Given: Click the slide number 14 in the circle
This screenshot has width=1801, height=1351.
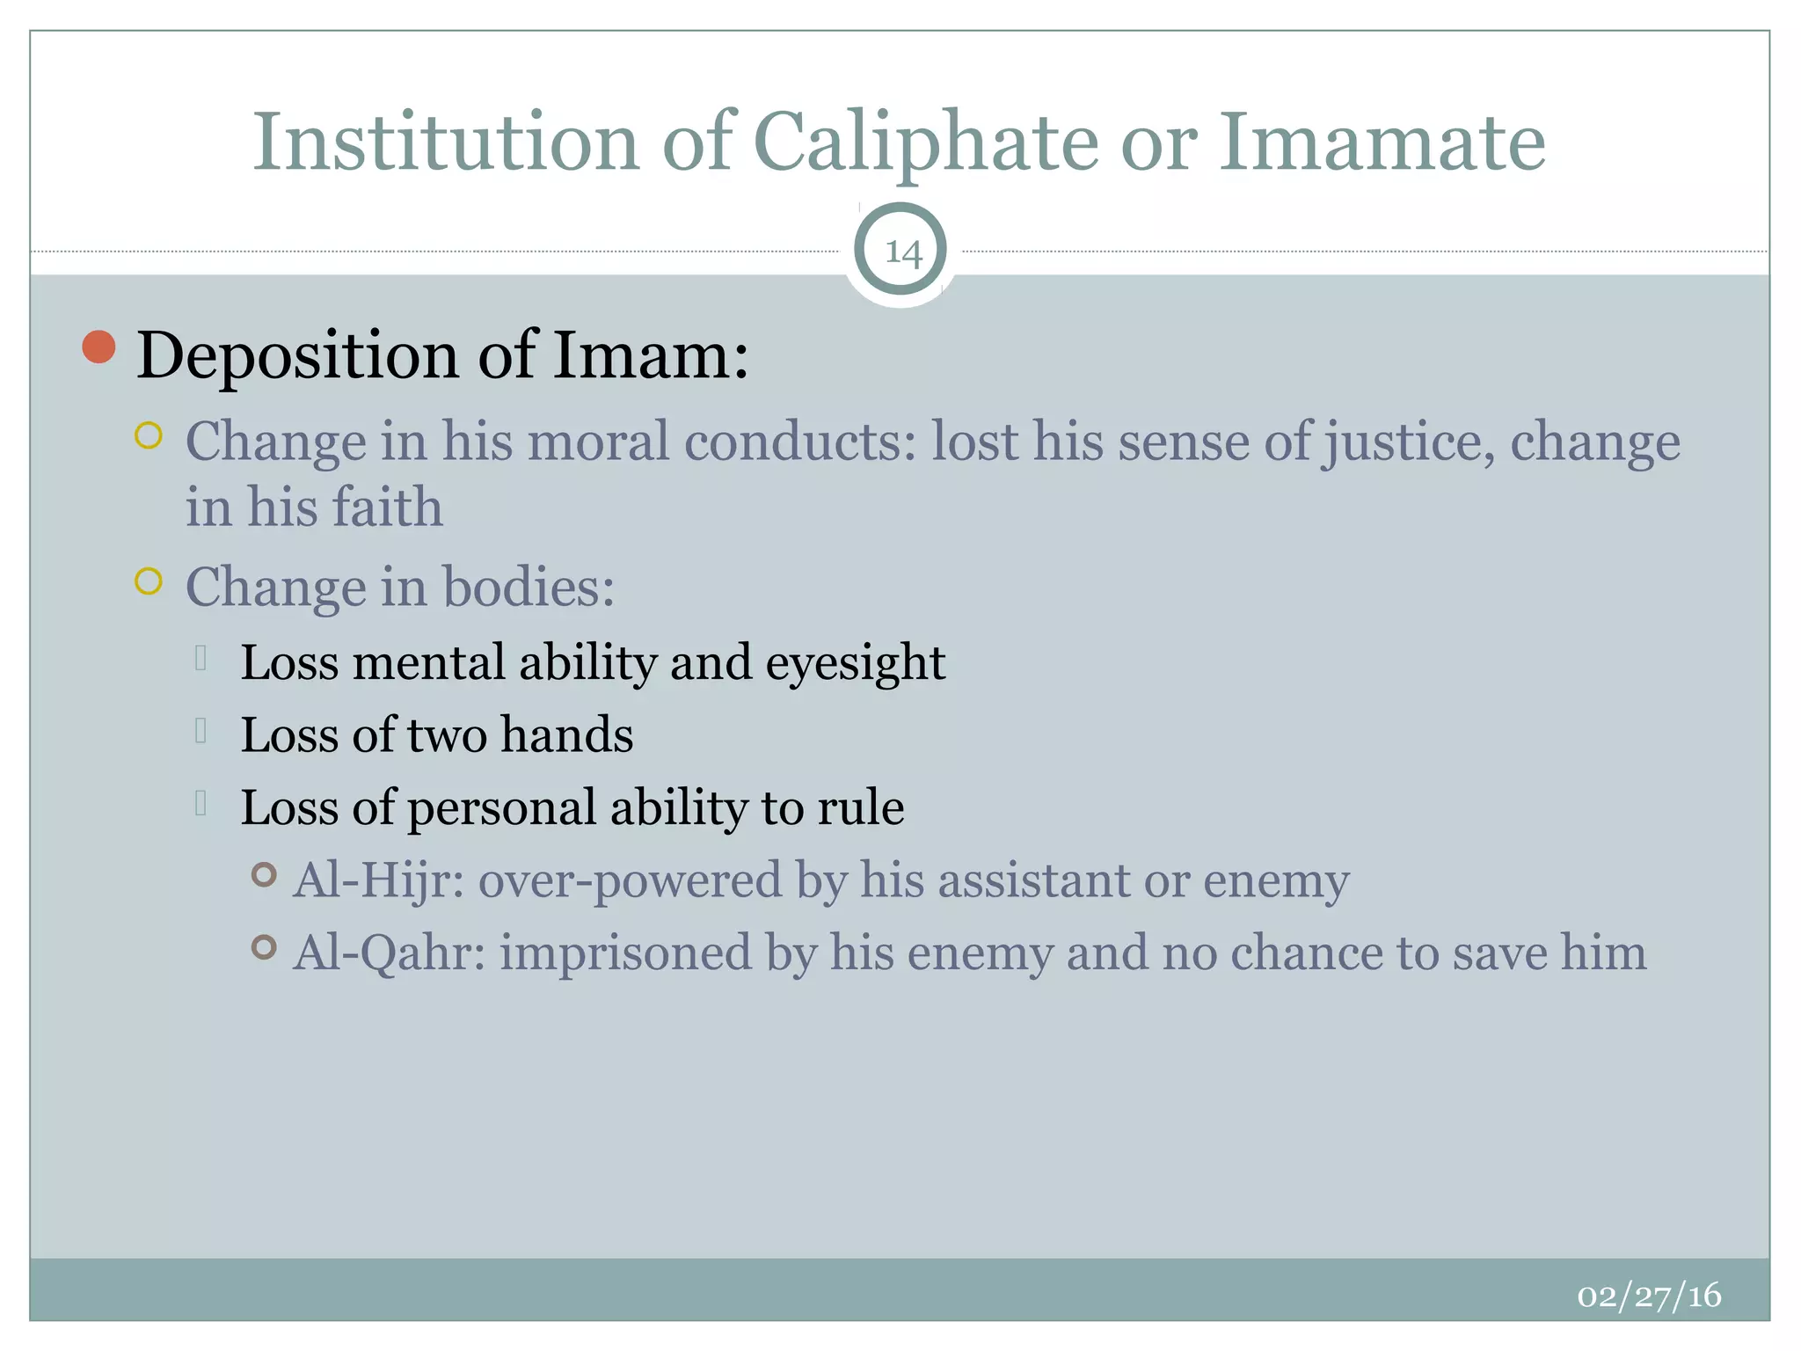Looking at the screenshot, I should coord(902,252).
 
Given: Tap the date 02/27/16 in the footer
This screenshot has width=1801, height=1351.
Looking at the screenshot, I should coord(1649,1296).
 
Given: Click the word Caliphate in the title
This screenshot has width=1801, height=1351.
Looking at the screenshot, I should coord(925,142).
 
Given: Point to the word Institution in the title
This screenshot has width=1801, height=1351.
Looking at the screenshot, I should coord(446,142).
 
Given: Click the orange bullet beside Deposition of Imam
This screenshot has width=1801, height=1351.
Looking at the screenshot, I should coord(98,347).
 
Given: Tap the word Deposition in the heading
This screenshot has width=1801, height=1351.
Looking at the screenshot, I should coord(297,356).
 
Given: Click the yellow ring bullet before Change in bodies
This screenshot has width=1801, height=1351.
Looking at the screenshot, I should coord(149,581).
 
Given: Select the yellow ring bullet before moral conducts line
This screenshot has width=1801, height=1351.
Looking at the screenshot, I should coord(149,435).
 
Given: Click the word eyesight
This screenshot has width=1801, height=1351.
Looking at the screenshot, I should coord(855,662).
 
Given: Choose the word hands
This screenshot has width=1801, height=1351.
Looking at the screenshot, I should coord(566,735).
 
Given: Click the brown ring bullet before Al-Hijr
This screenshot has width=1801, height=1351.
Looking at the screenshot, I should coord(264,874).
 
